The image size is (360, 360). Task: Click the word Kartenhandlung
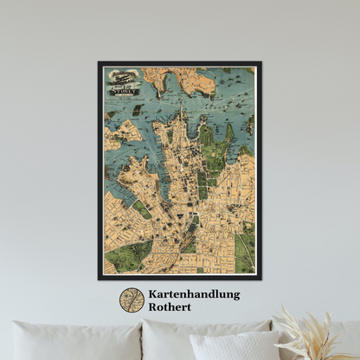tap(194, 294)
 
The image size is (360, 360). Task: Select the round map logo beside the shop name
tap(132, 300)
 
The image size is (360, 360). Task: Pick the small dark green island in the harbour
tap(138, 110)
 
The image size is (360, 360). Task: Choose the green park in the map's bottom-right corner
tap(246, 251)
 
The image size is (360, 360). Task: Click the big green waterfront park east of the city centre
tap(205, 138)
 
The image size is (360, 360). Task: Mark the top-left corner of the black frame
tap(100, 62)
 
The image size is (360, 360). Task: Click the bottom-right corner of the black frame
tap(260, 278)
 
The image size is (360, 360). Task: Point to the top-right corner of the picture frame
tap(260, 62)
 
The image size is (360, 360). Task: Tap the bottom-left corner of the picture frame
tap(100, 278)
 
